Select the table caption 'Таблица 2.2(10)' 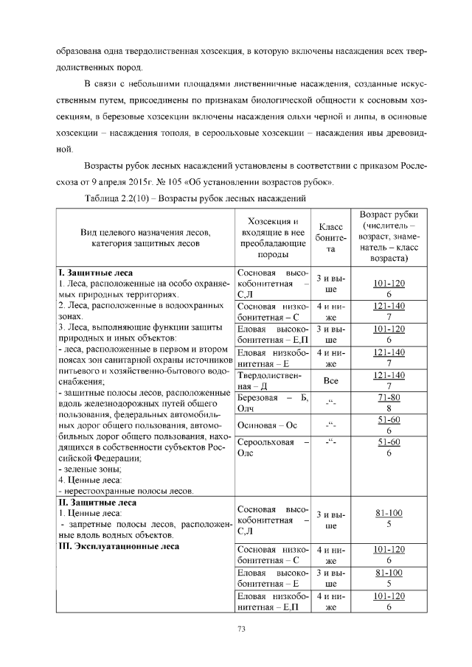(119, 199)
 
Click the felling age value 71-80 (388, 397)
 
